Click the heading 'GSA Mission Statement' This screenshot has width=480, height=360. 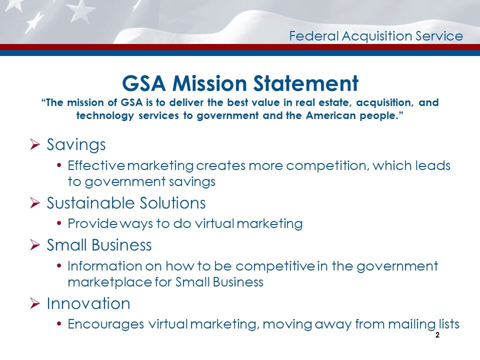[x=240, y=83]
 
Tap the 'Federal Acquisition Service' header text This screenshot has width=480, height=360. [x=376, y=36]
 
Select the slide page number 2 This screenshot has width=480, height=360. [x=437, y=335]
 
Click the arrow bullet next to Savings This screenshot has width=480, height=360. [x=35, y=145]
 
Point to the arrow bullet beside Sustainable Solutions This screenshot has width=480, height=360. [x=35, y=203]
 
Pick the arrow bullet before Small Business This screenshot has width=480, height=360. [x=35, y=245]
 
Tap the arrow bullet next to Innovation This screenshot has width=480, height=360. [x=35, y=303]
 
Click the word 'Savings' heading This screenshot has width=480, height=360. [x=76, y=145]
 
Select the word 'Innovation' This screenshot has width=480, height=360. [x=88, y=303]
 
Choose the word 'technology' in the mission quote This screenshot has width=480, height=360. [x=104, y=116]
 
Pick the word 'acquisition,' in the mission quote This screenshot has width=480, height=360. [x=381, y=103]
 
